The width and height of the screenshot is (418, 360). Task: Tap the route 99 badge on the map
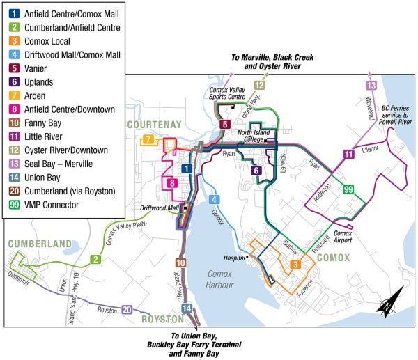(348, 189)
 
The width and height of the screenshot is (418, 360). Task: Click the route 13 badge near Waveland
(371, 86)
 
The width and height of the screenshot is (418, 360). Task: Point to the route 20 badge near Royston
(126, 309)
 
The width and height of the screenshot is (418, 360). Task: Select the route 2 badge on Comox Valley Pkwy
(94, 259)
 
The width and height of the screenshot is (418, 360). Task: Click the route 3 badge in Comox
(295, 264)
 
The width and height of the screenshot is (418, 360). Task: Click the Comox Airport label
(343, 237)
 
